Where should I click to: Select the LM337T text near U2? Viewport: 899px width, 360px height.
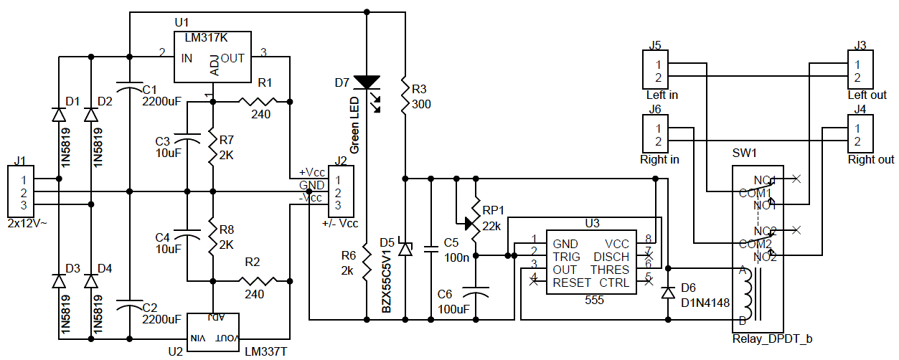click(265, 351)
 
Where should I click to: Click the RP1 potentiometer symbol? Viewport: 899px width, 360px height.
click(476, 222)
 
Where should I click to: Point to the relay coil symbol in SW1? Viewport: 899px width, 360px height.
click(750, 294)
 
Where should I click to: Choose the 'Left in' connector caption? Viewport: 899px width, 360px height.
click(661, 95)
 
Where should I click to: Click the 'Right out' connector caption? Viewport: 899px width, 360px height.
click(871, 159)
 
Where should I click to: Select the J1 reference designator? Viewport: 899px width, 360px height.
click(20, 161)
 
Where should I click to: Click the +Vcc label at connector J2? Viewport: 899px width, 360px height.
click(311, 173)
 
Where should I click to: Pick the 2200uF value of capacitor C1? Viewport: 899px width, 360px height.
click(161, 102)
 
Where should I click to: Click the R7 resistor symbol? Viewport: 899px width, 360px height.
click(212, 148)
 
